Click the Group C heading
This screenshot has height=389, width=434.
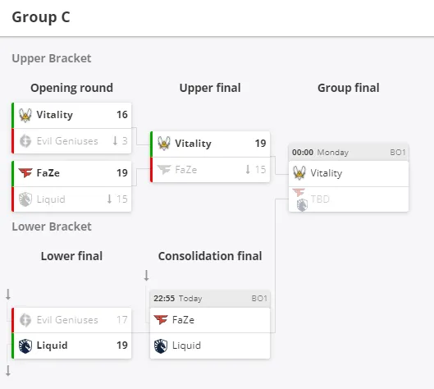pos(41,17)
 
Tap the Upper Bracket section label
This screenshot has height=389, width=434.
pos(52,58)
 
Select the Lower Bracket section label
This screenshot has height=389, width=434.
pos(52,227)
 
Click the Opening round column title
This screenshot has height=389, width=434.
pos(71,88)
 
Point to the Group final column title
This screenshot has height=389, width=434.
pos(349,88)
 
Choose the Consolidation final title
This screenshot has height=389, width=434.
pos(210,256)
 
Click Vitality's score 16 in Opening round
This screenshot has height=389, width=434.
pos(122,115)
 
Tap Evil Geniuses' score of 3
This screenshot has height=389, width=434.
pos(125,141)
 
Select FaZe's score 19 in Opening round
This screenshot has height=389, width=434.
pos(122,173)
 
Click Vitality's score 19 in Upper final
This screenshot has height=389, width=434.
pos(260,143)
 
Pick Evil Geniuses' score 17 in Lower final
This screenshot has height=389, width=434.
pos(122,320)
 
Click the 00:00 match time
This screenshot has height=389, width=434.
pos(303,153)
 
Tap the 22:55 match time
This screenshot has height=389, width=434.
pos(164,299)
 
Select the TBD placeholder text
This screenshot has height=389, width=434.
pos(320,199)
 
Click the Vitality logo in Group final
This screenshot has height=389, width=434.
pos(299,173)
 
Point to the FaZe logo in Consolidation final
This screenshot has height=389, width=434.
pos(161,320)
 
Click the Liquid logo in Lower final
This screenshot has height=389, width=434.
pos(25,346)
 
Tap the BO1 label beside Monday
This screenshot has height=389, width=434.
pos(398,153)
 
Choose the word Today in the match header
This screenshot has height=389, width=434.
pos(190,299)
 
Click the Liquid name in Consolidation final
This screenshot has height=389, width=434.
pos(186,346)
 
